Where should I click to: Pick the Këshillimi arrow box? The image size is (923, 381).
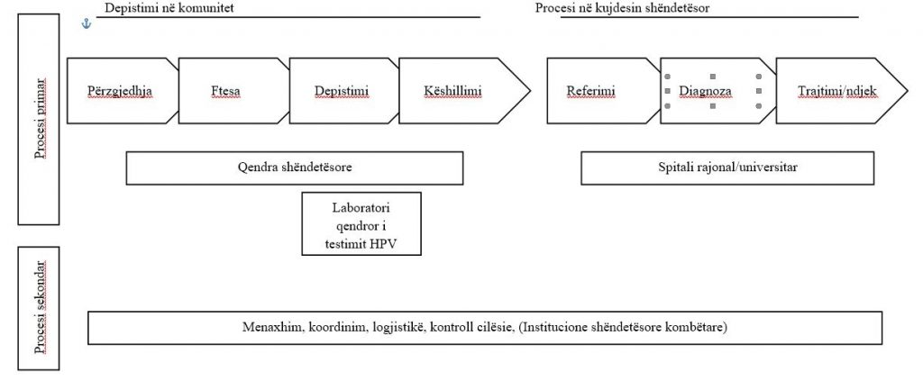coord(459,91)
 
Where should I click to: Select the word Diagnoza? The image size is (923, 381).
coord(713,92)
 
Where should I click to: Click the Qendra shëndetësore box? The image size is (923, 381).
coord(295,168)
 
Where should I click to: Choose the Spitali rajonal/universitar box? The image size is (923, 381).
coord(727,168)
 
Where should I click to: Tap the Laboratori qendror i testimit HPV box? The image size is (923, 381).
coord(361,223)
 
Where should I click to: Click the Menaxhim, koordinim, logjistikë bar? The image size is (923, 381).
coord(485,328)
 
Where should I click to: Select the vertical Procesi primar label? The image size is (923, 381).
coord(39,120)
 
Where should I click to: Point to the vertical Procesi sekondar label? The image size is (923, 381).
coord(39,308)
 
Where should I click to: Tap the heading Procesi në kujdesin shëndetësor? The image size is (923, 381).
coord(622,8)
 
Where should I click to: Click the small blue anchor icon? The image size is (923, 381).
coord(87,23)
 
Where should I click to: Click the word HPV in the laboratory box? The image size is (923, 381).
coord(385,243)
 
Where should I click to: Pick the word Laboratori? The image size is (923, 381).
coord(361,208)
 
